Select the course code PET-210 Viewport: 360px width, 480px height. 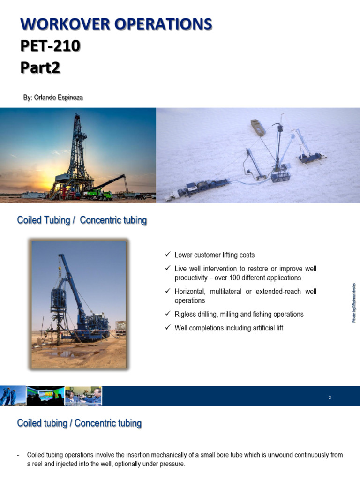tap(50, 45)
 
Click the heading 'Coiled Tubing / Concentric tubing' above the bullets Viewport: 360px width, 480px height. tap(82, 220)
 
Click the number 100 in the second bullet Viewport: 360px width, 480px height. tap(240, 278)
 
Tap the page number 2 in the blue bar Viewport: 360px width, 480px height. tap(330, 397)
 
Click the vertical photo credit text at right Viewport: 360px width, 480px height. tap(354, 302)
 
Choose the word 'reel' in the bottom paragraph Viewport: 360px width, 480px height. tap(37, 464)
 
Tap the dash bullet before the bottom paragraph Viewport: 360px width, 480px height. tap(18, 455)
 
